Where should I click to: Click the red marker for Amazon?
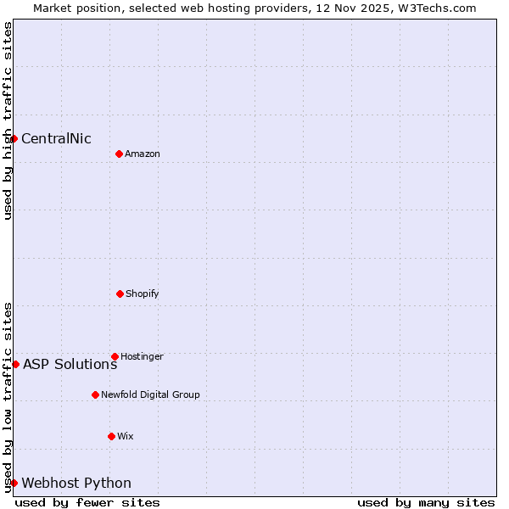[x=119, y=154]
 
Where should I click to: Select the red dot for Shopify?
[x=120, y=294]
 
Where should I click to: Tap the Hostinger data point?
[x=115, y=356]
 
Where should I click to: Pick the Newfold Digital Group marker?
[x=95, y=394]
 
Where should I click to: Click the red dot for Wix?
[x=111, y=436]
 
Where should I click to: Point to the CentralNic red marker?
[x=14, y=138]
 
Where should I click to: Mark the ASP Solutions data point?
[x=15, y=364]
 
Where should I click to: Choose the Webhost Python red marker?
[x=14, y=483]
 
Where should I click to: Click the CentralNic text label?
[x=56, y=139]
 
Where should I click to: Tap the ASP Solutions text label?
[x=70, y=365]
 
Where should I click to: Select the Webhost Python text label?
[x=76, y=484]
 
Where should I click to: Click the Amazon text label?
[x=143, y=154]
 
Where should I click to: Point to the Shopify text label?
[x=143, y=294]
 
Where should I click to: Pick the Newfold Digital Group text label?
[x=150, y=395]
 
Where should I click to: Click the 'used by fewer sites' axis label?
[x=87, y=502]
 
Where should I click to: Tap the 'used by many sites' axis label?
[x=426, y=502]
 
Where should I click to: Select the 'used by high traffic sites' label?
[x=8, y=120]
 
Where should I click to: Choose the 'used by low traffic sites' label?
[x=8, y=396]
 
